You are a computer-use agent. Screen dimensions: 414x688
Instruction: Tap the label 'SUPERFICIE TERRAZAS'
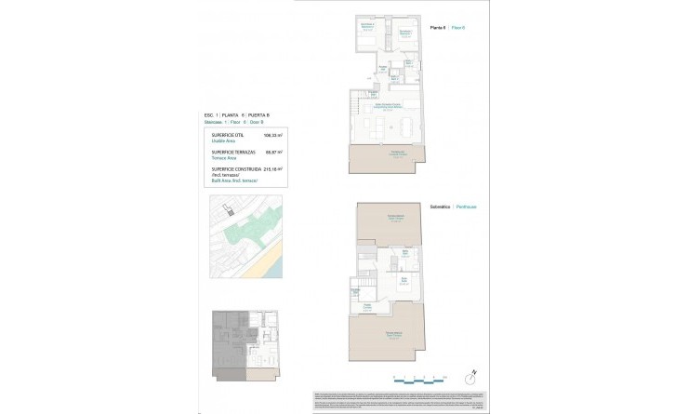pyautogui.click(x=232, y=152)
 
